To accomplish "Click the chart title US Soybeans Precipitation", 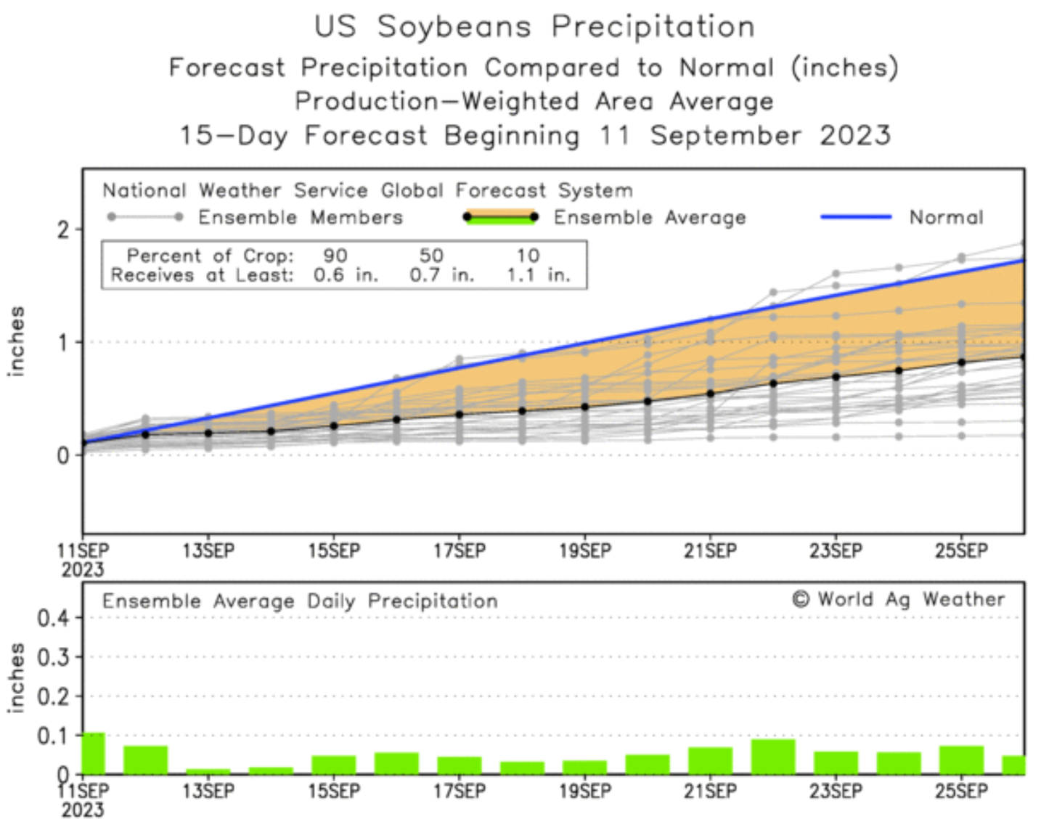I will pos(534,27).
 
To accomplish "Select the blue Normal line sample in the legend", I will pos(856,216).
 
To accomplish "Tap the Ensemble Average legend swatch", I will pos(500,217).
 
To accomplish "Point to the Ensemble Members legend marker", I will pos(145,216).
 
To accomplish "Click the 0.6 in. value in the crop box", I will pos(346,275).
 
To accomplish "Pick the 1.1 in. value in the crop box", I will pos(538,275).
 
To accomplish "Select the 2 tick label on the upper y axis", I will pos(64,230).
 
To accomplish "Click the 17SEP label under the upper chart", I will pos(460,551).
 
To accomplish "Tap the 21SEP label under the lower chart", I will pos(710,791).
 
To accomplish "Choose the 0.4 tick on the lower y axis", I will pos(53,618).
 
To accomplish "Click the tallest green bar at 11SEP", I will pos(94,754).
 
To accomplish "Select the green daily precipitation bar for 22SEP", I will pos(773,757).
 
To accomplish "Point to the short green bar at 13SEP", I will pos(208,771).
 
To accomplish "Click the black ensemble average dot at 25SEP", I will pos(962,362).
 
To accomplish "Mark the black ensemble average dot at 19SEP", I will pos(585,407).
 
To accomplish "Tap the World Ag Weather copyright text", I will pos(899,599).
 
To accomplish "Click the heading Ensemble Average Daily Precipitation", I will pos(300,601).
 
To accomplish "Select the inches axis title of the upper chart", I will pos(16,341).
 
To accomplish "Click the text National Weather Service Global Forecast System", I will pos(367,190).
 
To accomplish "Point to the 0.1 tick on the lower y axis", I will pos(53,736).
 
